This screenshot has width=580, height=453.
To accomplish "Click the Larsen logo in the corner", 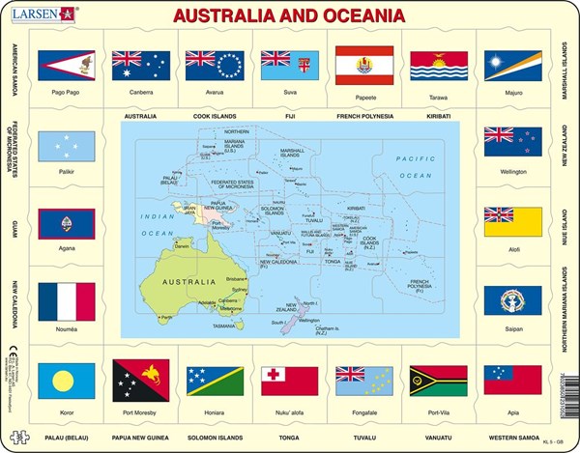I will pos(43,14).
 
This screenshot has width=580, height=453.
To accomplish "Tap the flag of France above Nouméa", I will pos(66,300).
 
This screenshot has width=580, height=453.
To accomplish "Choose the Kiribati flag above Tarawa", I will pos(439,65).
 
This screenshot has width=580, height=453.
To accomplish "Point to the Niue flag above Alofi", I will pos(512,221).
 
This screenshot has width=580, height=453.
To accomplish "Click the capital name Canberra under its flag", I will pos(141,94).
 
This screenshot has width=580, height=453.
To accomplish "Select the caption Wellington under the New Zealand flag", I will pos(512,172).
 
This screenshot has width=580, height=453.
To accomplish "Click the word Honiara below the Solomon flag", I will pos(216,410).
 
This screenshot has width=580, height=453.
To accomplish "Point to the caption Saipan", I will pos(512,330).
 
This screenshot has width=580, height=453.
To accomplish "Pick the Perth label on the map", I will pos(166,316).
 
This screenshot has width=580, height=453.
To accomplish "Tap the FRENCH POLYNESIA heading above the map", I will pos(363,116).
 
